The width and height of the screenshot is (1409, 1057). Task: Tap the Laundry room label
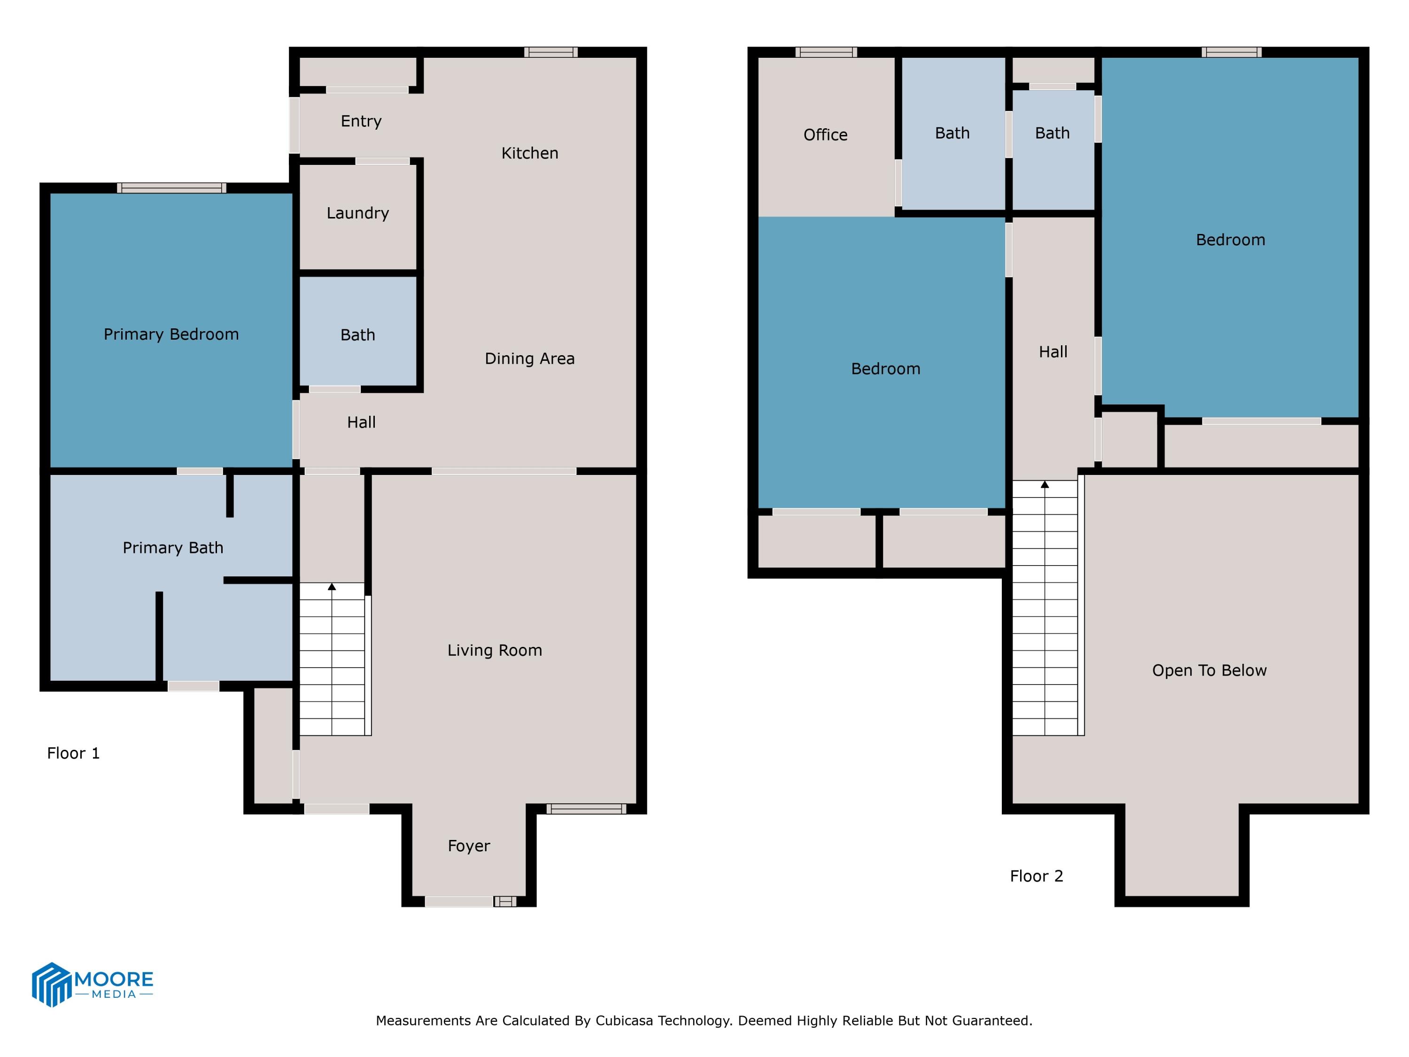click(x=357, y=213)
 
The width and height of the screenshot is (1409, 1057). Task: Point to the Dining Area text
click(x=529, y=359)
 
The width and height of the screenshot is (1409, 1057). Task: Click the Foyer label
click(x=469, y=846)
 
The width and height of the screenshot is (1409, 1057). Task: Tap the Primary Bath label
click(x=173, y=547)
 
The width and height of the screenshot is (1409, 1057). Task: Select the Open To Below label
click(x=1209, y=670)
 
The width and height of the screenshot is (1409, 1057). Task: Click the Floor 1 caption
click(x=73, y=753)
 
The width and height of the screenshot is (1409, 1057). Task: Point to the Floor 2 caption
click(x=1037, y=876)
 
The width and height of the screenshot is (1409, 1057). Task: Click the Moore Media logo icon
click(x=51, y=984)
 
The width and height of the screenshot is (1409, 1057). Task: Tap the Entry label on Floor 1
click(x=361, y=121)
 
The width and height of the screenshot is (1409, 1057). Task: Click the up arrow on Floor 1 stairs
click(x=332, y=587)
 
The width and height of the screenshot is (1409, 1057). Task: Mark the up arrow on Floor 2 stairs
click(x=1045, y=485)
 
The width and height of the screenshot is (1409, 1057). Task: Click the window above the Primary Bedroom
click(x=171, y=188)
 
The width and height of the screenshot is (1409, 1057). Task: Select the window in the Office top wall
click(x=826, y=52)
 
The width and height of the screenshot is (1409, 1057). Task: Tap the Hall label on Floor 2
click(x=1053, y=352)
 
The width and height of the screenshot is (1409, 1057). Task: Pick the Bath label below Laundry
click(x=357, y=334)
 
